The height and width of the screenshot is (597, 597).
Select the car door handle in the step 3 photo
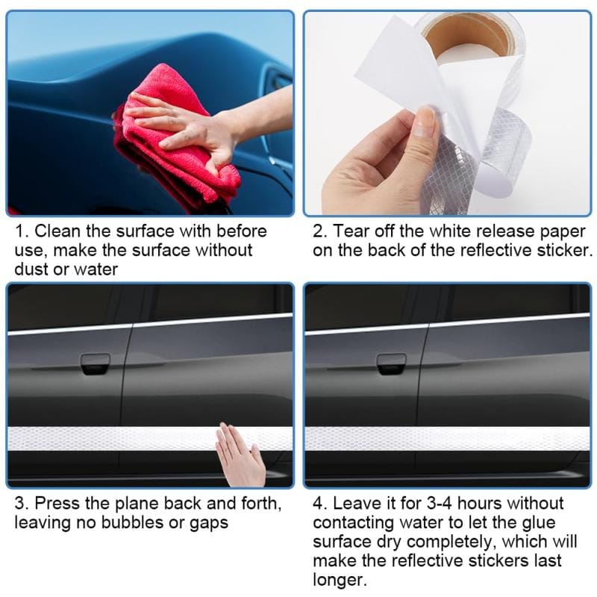click(95, 363)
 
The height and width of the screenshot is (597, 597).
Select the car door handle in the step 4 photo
click(391, 363)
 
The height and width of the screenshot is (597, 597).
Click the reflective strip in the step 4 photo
click(448, 439)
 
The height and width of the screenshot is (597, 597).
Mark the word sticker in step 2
click(563, 250)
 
